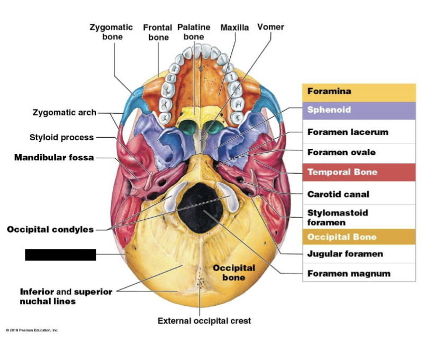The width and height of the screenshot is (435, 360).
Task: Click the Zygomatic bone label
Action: click(x=111, y=32)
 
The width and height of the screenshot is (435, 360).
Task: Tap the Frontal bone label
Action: click(x=158, y=32)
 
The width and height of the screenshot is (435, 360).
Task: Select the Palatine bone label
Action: click(x=194, y=32)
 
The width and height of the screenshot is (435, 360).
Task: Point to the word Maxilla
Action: click(x=234, y=28)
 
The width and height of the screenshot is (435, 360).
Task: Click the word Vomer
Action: click(x=270, y=27)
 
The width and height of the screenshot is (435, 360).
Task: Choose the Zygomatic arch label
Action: click(x=65, y=112)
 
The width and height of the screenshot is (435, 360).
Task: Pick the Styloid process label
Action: click(x=61, y=137)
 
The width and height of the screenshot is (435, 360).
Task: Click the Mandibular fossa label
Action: click(x=54, y=157)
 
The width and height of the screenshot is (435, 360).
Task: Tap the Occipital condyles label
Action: click(x=50, y=229)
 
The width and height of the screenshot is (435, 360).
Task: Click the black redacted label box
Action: click(x=60, y=255)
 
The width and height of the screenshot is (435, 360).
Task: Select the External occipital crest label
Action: click(x=204, y=320)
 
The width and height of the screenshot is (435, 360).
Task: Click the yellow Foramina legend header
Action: click(x=359, y=92)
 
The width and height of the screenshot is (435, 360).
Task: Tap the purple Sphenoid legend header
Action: click(x=359, y=110)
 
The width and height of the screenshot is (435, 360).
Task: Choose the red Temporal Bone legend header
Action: click(x=359, y=172)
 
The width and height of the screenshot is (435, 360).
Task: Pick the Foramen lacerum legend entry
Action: click(x=348, y=132)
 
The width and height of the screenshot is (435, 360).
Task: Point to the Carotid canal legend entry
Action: click(x=338, y=194)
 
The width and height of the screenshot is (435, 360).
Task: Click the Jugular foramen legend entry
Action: click(x=345, y=254)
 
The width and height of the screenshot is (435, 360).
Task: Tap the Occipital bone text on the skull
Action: click(x=233, y=273)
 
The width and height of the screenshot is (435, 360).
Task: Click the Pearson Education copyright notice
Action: click(x=32, y=330)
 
